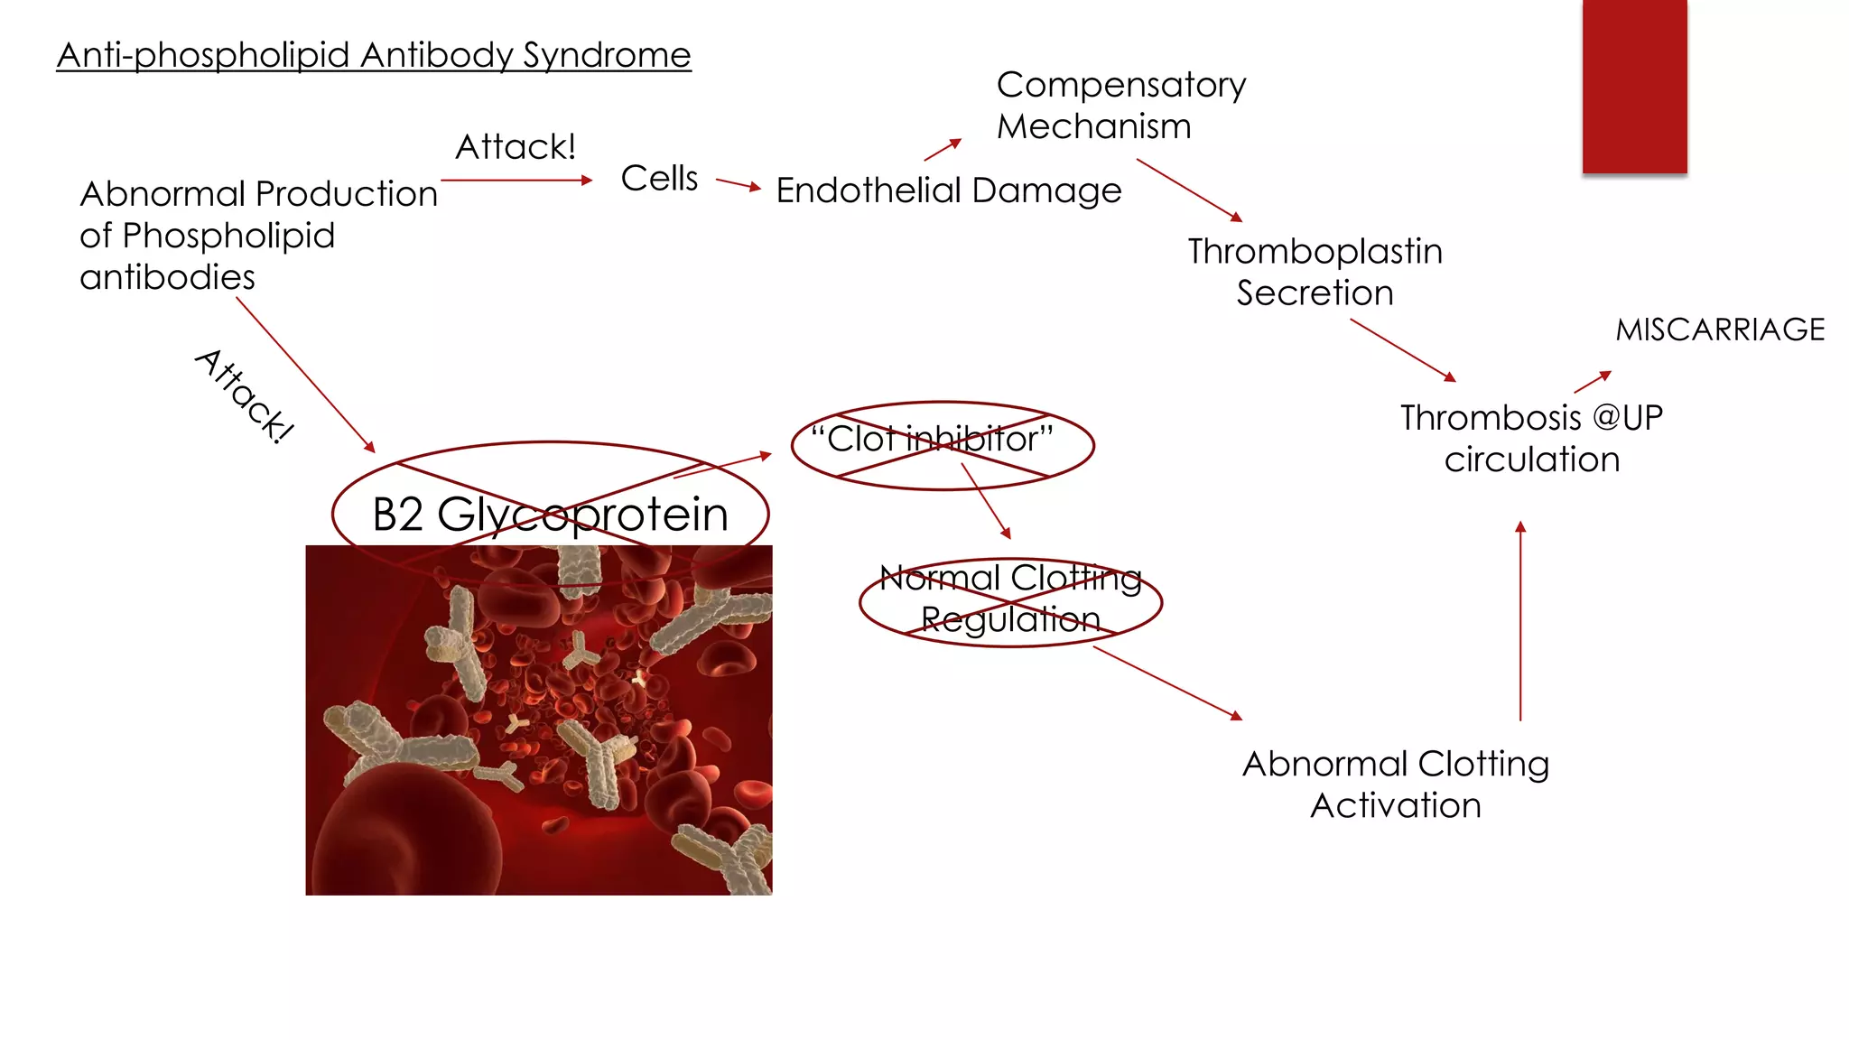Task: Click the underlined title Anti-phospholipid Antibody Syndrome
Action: (373, 56)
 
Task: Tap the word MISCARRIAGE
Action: (1720, 330)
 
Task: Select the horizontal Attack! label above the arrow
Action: (516, 147)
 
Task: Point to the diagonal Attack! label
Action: (245, 396)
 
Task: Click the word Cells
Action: (659, 179)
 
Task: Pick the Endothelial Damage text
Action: (948, 191)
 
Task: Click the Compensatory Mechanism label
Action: (1120, 106)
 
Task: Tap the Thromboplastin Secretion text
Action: (1315, 272)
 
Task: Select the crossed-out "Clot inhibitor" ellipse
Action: (942, 444)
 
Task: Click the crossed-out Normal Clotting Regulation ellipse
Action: (1010, 600)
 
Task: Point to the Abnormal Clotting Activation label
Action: (1396, 785)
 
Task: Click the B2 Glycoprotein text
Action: (550, 515)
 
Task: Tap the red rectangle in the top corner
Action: (1634, 86)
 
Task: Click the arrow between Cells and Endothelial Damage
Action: (739, 184)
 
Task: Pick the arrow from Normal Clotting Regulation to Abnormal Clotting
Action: (1167, 682)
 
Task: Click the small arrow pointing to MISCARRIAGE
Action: (1593, 382)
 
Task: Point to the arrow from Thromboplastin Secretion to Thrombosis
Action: (1403, 350)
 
